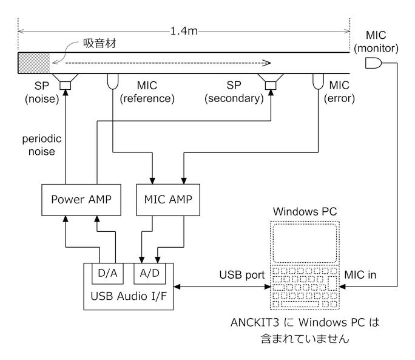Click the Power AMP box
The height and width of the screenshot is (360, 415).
[79, 199]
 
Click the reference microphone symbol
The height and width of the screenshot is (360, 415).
[113, 81]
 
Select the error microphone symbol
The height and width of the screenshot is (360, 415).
[317, 81]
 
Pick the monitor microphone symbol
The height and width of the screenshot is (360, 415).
[373, 63]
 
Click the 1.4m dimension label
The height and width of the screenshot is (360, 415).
[183, 29]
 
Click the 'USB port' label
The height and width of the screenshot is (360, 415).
[242, 275]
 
